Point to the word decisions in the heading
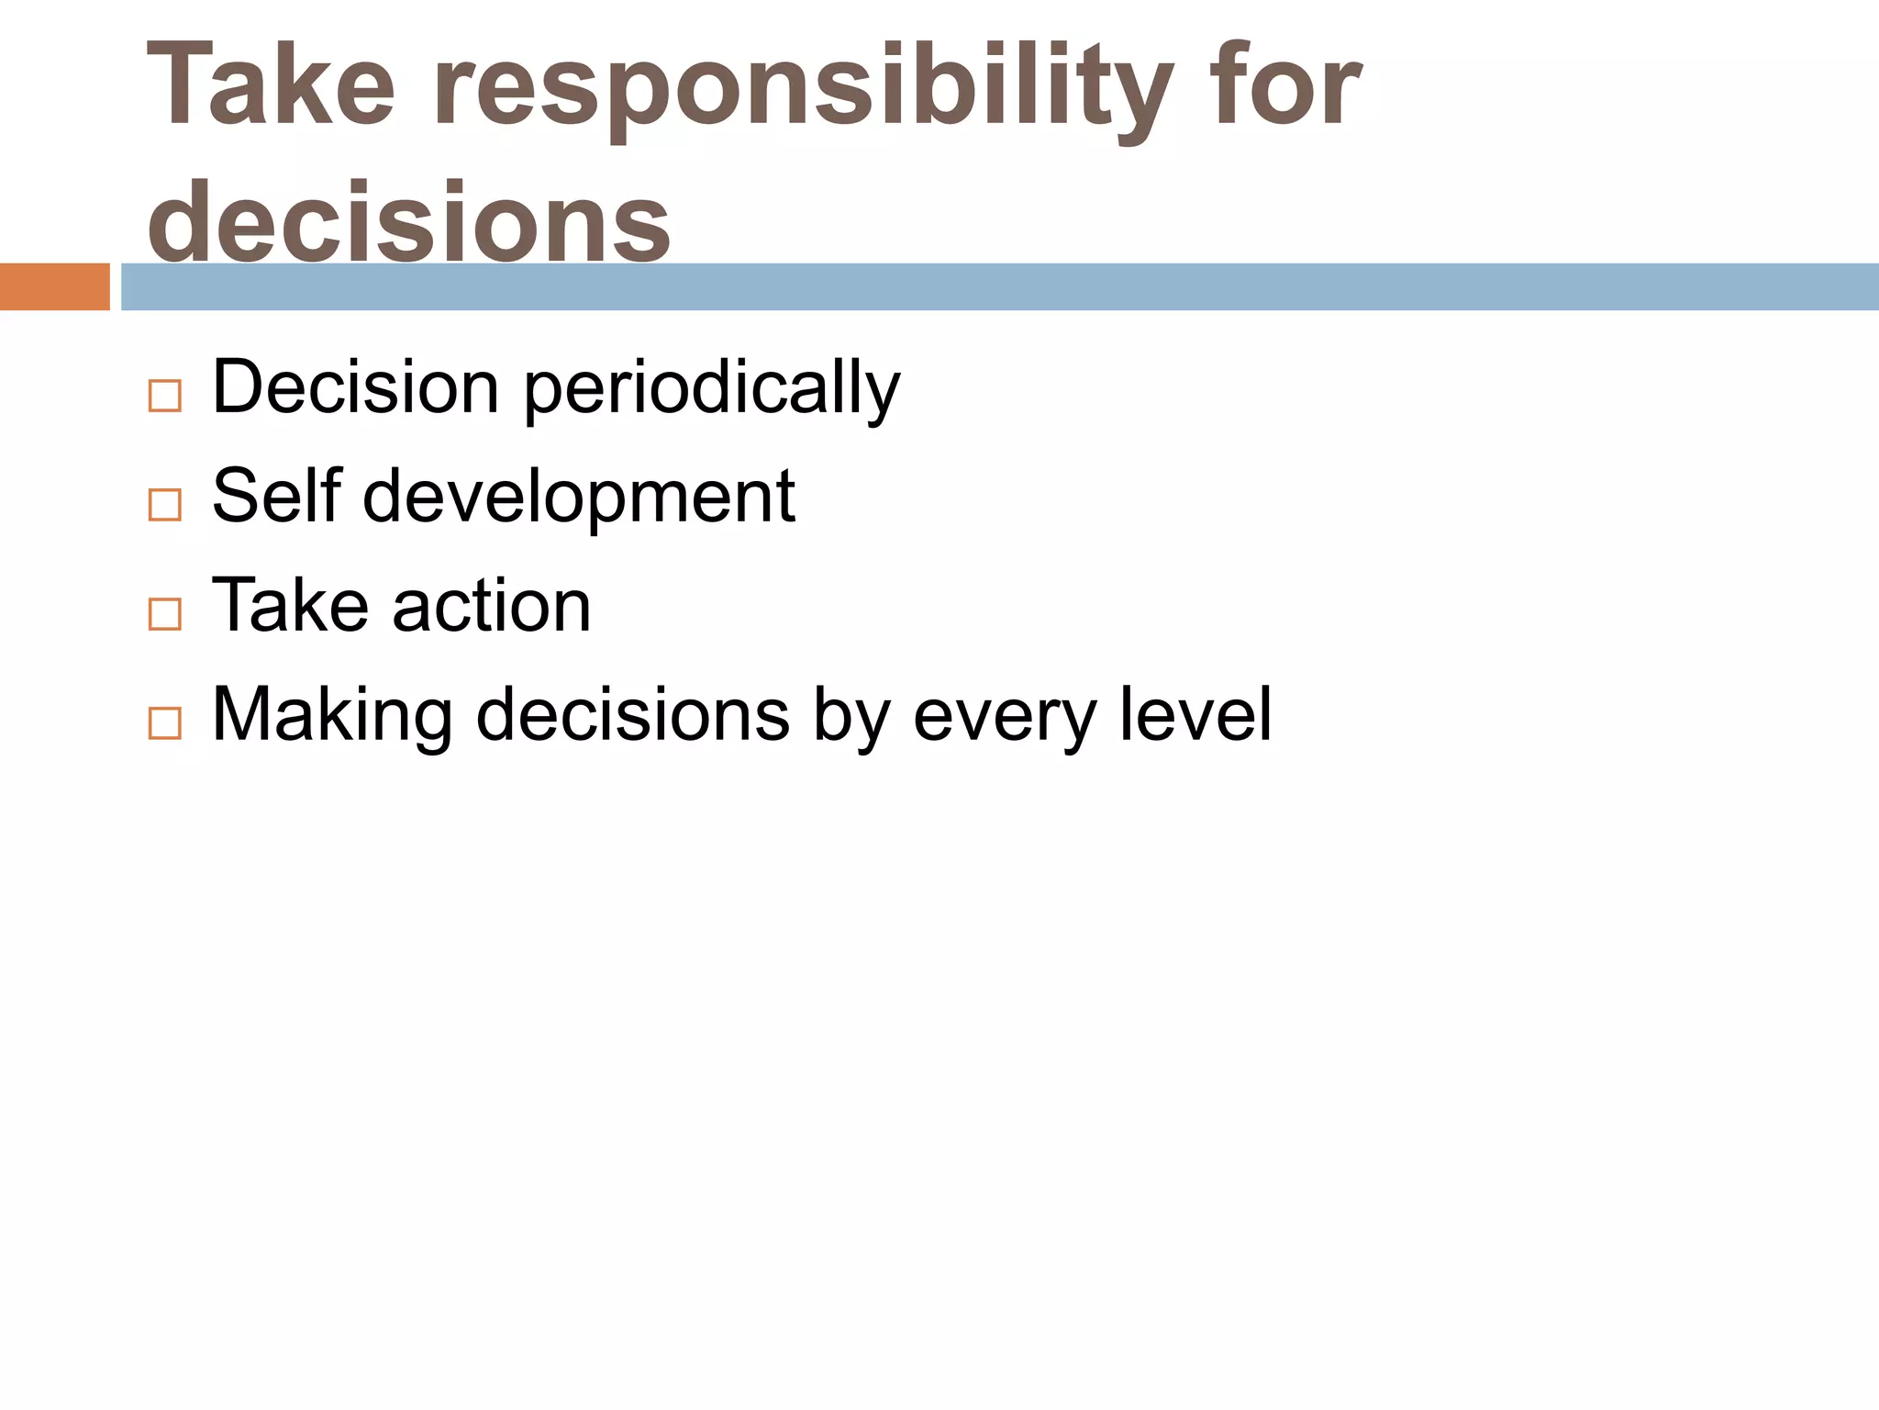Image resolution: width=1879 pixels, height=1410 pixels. tap(409, 221)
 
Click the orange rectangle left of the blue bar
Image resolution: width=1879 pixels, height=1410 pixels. tap(54, 286)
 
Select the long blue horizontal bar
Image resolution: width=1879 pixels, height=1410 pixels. tap(999, 286)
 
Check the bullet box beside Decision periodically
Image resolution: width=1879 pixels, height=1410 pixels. tap(164, 397)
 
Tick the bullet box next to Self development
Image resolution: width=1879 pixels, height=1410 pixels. tap(164, 505)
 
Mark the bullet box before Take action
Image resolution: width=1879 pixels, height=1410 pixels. tap(164, 614)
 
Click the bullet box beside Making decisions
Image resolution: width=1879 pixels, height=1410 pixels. tap(164, 723)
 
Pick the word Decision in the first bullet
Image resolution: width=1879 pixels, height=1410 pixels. tap(356, 387)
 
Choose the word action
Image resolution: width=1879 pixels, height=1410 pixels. tap(492, 606)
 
